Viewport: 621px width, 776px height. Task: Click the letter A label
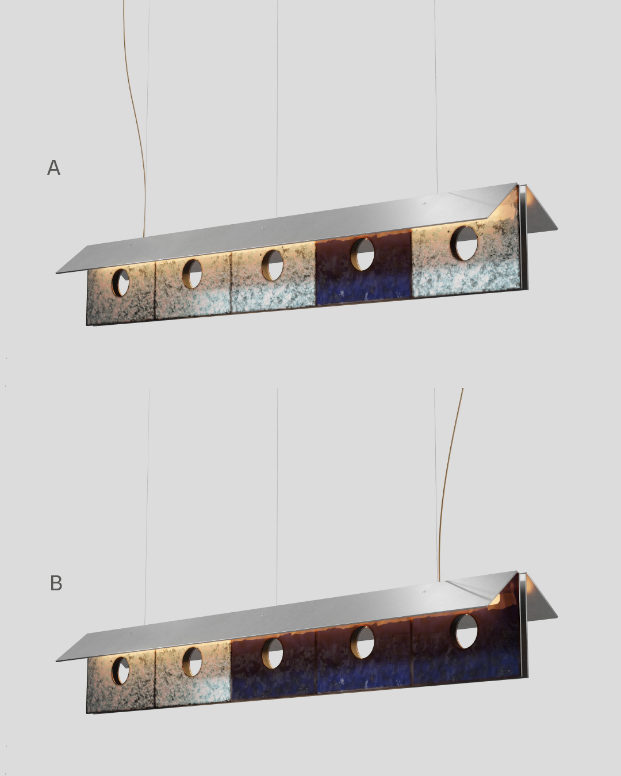[x=54, y=168]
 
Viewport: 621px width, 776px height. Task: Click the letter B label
[x=56, y=583]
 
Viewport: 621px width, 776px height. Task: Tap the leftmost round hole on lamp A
[x=121, y=283]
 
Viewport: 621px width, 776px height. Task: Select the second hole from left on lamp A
[x=192, y=274]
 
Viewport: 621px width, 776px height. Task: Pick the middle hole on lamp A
[x=273, y=266]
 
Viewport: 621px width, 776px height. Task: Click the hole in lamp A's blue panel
[x=362, y=254]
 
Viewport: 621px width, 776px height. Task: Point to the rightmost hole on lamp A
[x=465, y=243]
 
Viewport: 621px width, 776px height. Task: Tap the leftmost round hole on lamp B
[x=121, y=671]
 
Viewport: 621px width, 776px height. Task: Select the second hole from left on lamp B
[x=192, y=662]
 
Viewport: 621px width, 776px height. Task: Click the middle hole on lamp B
[x=273, y=654]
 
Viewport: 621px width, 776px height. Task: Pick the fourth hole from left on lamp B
[x=362, y=643]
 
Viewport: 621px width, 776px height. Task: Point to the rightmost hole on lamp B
[x=465, y=631]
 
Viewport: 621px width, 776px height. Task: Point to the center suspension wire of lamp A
[x=277, y=108]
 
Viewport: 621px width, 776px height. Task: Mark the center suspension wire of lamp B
[x=277, y=497]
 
